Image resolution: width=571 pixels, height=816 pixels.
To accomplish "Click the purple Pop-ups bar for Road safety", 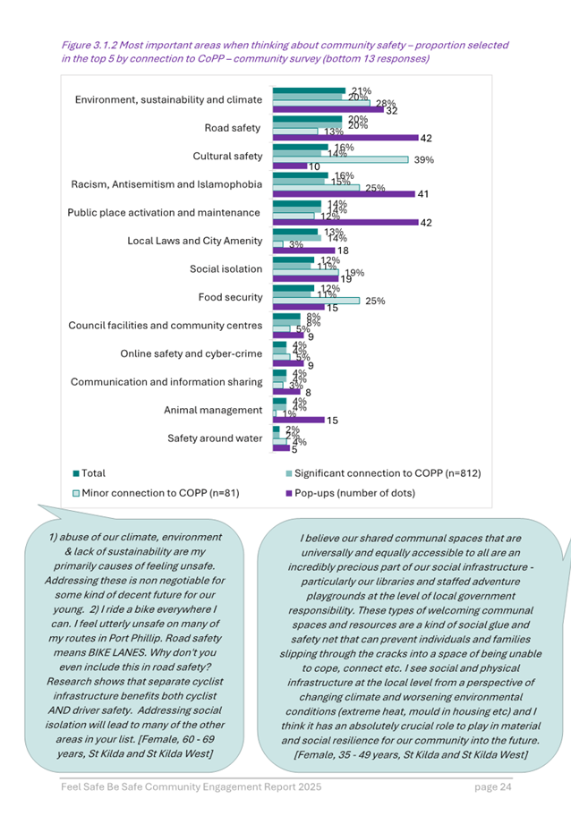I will pos(345,139).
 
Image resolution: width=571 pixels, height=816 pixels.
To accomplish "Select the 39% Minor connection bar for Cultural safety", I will pos(341,159).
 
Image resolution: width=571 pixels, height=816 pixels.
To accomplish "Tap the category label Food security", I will pos(230,297).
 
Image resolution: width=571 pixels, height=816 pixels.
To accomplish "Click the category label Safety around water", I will pos(215,438).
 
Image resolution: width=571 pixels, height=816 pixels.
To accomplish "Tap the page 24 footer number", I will pos(492,787).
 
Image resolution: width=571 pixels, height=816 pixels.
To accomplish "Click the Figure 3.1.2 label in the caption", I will pos(96,45).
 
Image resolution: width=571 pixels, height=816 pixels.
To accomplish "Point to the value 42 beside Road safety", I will pos(426,139).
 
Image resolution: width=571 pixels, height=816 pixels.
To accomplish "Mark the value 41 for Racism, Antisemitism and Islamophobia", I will pos(422,194).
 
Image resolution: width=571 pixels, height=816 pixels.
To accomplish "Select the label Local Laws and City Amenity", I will pos(195,241).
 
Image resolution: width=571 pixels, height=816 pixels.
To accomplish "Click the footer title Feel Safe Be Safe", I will pos(106,787).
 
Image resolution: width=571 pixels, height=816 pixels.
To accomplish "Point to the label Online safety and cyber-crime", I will pos(192,353).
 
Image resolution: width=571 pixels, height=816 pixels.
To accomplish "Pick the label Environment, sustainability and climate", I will pos(168,100).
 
